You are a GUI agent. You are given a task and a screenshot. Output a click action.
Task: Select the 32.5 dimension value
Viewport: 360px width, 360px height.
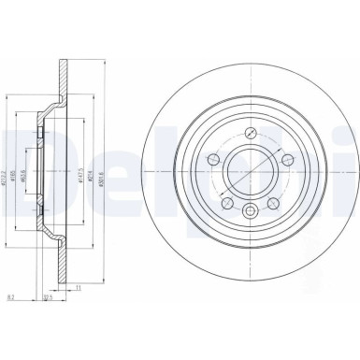(x=46, y=300)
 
